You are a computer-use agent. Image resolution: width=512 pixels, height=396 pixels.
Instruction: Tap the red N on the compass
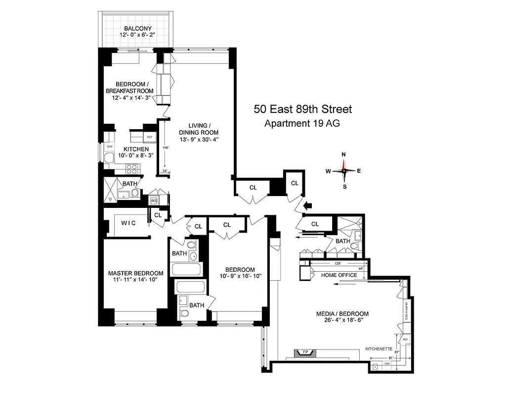344,154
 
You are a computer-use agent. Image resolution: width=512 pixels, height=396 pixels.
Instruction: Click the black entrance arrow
308,205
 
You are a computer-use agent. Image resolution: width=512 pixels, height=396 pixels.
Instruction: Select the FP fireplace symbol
299,353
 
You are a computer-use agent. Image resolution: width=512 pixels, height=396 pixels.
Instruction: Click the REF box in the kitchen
149,137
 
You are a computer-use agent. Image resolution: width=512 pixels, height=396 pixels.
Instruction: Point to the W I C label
128,223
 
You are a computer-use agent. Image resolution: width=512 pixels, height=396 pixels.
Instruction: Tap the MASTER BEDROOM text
135,273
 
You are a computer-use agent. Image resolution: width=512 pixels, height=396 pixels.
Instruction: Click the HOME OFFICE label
339,275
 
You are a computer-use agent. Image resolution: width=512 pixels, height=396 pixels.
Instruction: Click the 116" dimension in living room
166,148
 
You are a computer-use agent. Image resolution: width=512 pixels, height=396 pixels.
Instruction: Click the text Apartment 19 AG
302,124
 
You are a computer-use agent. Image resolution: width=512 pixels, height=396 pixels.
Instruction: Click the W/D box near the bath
153,200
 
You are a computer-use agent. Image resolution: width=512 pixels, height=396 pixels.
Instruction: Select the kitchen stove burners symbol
132,168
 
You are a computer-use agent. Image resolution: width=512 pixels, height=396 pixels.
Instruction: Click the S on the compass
344,187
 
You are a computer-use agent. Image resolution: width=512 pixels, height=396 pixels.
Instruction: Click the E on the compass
359,171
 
